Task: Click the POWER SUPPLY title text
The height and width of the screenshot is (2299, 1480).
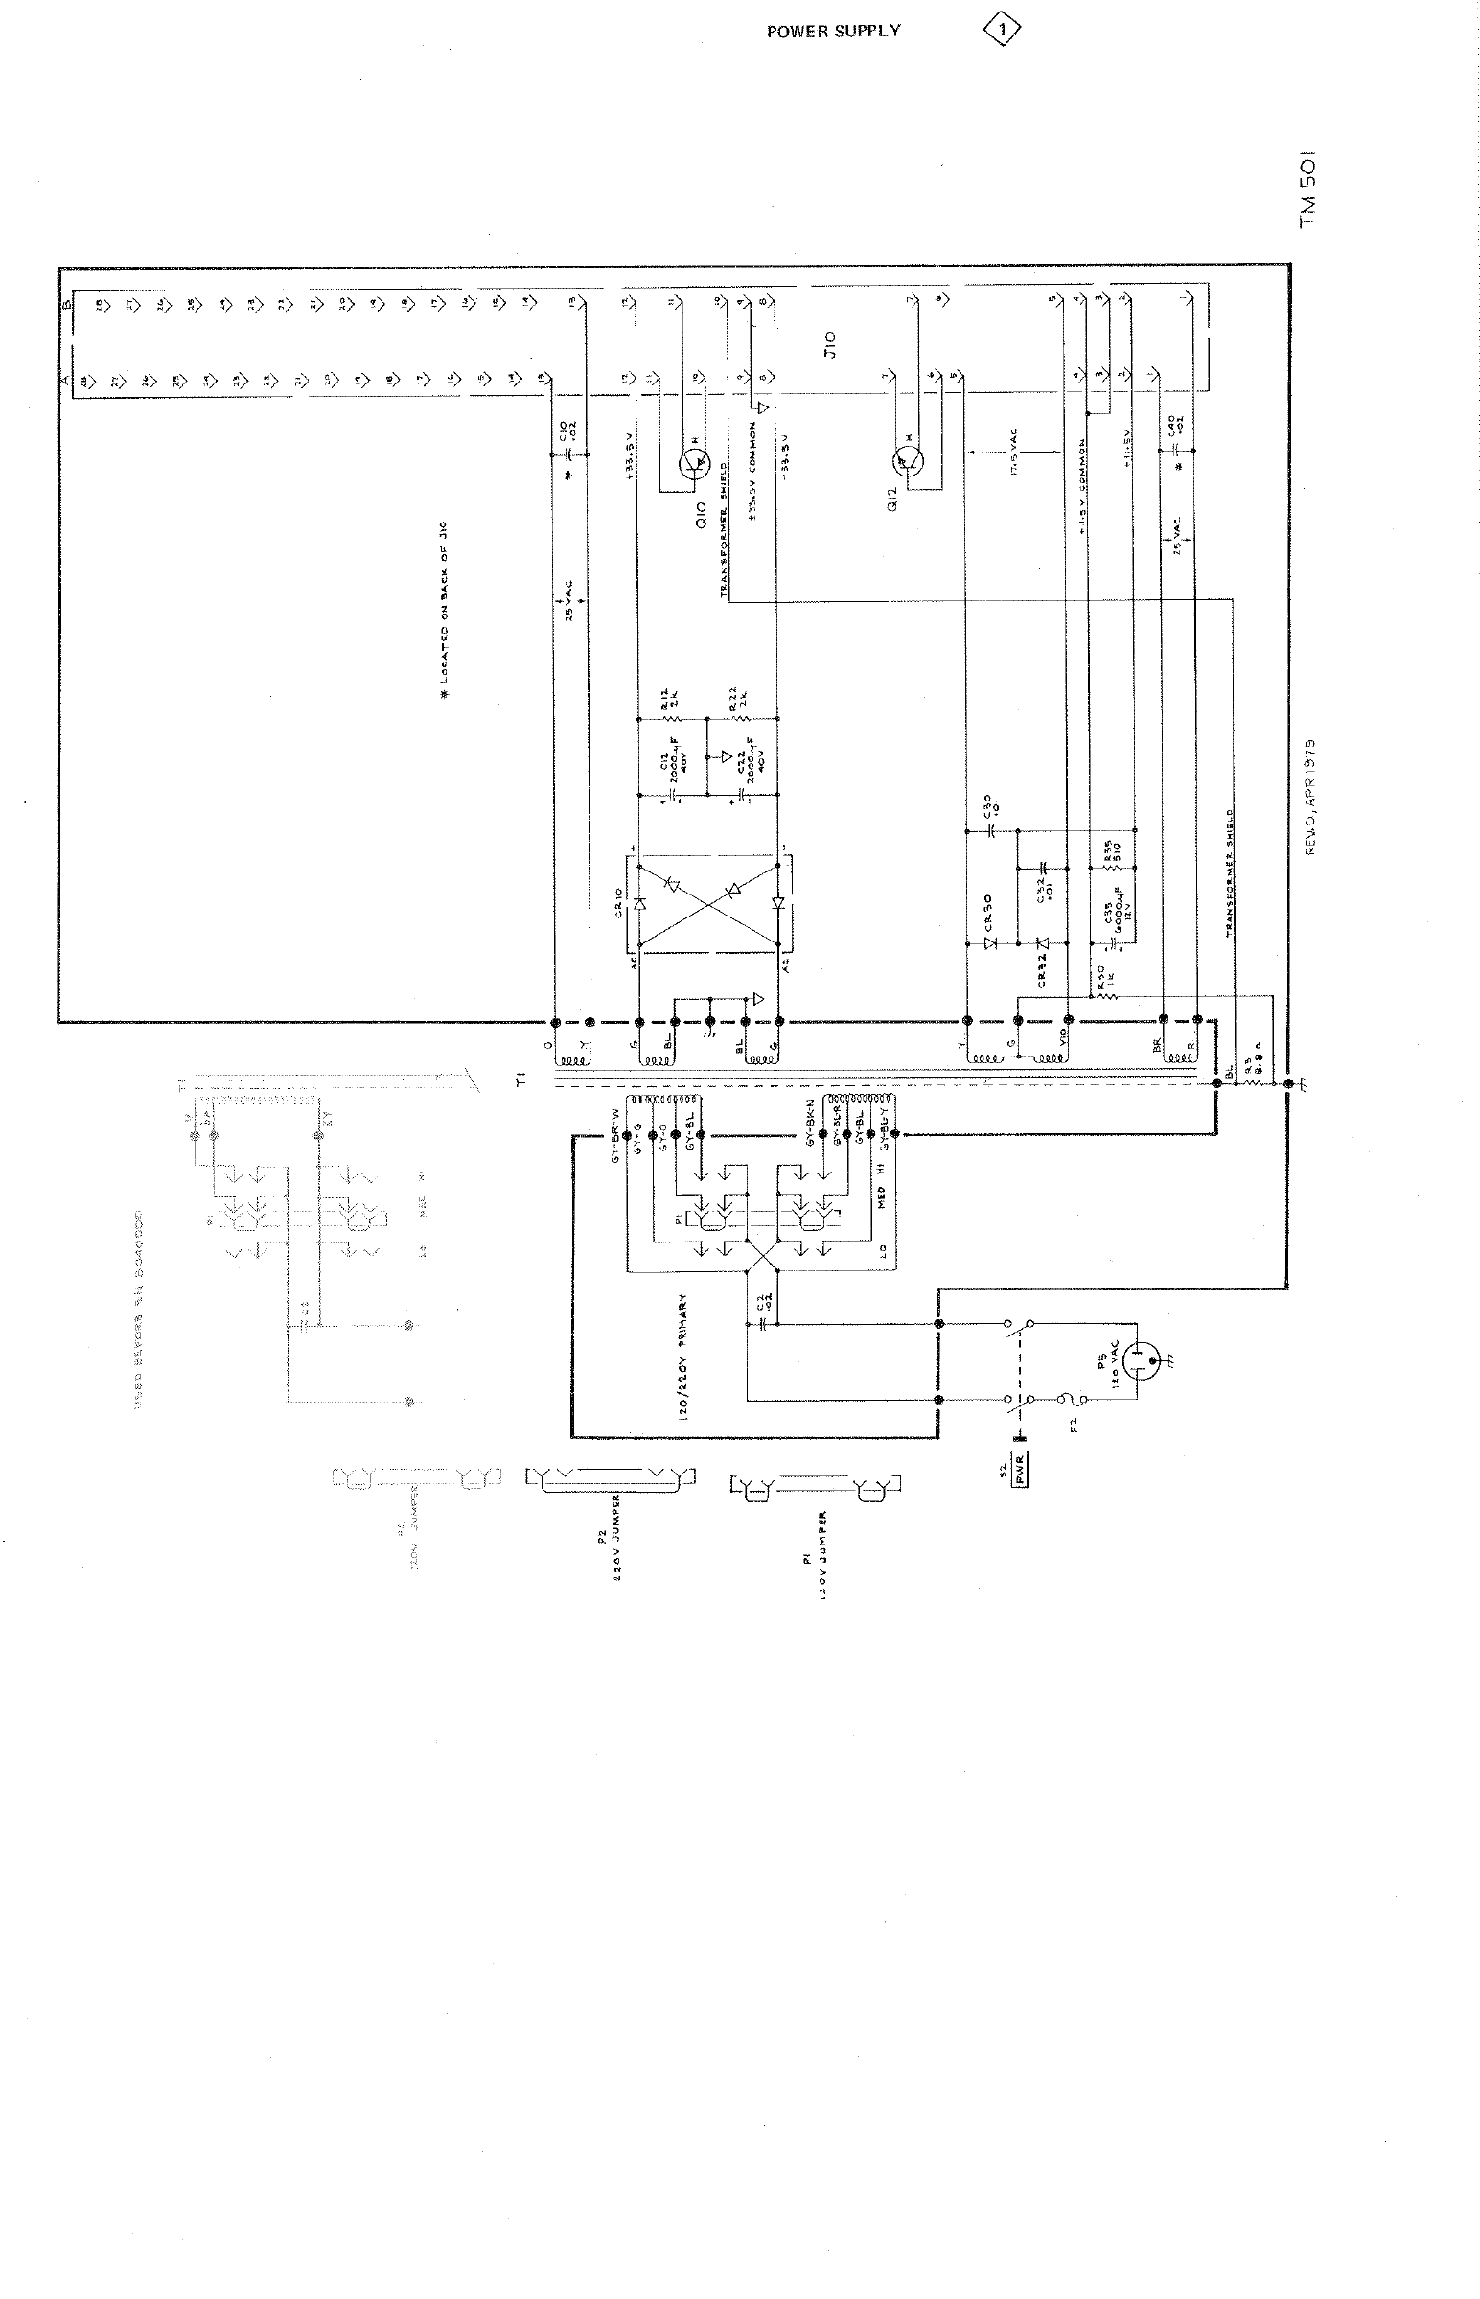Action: click(833, 31)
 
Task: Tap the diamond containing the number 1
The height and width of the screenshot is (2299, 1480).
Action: click(1002, 31)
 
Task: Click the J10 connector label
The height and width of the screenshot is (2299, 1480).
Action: click(832, 343)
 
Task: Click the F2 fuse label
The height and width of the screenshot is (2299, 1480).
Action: click(1074, 1425)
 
